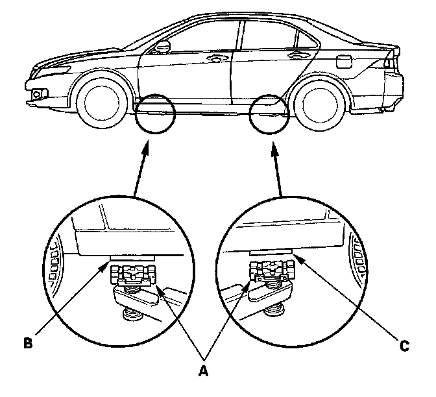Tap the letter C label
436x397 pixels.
tap(404, 346)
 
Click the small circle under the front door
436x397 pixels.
tap(154, 114)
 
